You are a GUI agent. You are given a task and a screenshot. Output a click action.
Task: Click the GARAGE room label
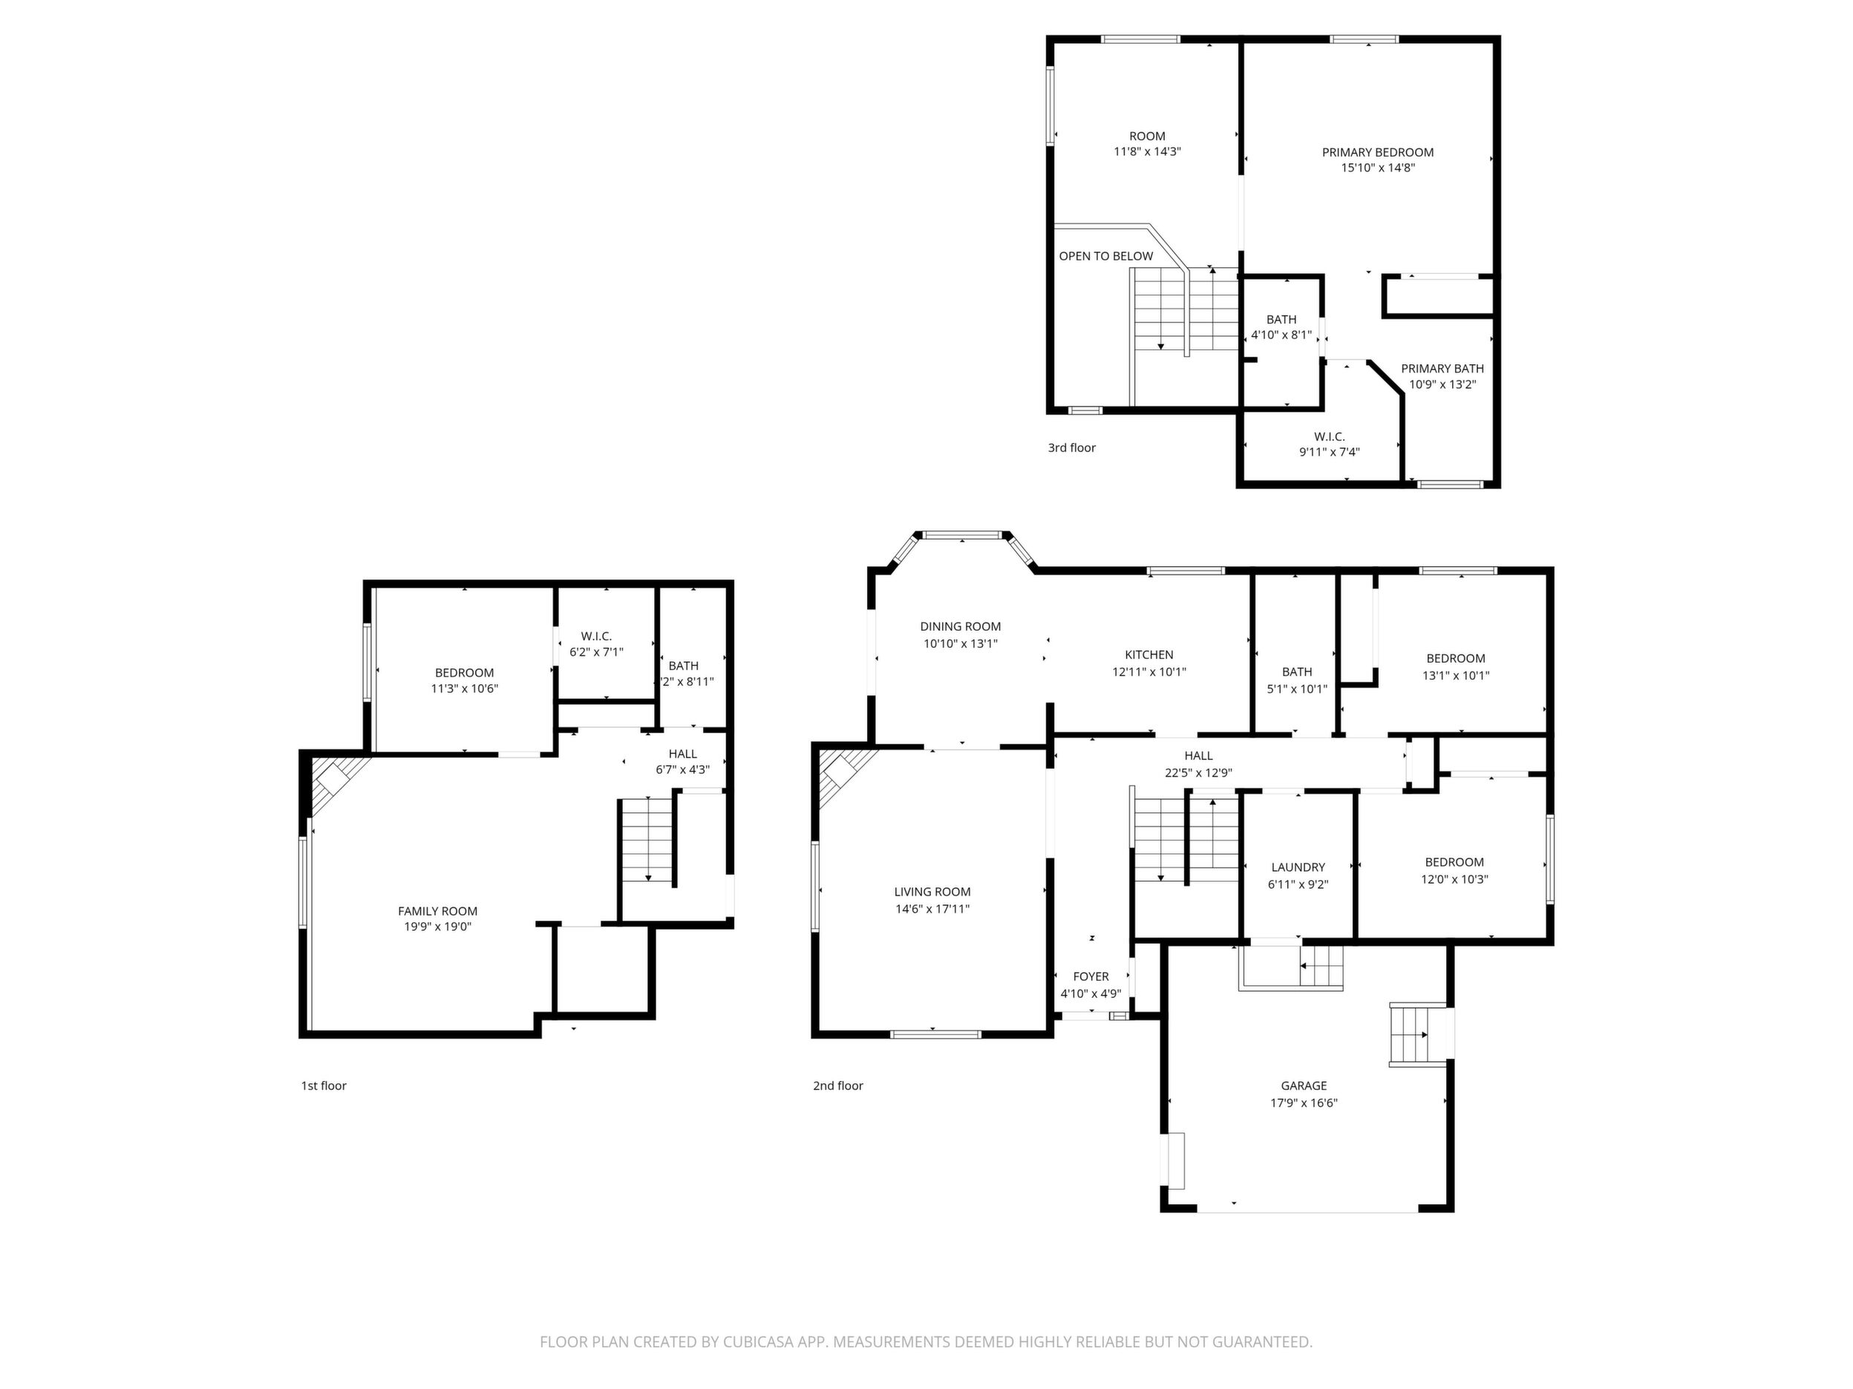point(1304,1085)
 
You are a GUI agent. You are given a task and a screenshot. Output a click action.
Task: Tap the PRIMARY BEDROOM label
point(1377,152)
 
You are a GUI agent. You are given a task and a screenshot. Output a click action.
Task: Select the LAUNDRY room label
point(1298,867)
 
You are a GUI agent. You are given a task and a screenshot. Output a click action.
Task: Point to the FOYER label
point(1091,976)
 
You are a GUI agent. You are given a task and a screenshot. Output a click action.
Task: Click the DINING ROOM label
point(960,626)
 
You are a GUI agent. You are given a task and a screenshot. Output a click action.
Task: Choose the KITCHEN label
point(1148,654)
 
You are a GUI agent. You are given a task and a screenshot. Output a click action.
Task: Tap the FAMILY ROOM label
point(437,911)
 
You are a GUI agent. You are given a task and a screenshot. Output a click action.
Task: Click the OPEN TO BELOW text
point(1105,256)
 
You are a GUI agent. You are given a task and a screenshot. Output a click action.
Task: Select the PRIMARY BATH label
point(1442,368)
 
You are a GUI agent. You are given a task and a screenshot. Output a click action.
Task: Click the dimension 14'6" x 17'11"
point(932,908)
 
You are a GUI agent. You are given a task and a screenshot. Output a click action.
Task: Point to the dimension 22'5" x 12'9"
point(1198,773)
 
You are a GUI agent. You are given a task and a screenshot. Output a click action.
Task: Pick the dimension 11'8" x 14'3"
point(1147,151)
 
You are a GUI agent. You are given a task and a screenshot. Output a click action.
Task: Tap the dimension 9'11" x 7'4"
point(1329,452)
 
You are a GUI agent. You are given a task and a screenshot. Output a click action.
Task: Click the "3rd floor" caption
point(1071,448)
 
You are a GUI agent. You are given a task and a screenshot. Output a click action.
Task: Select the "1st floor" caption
point(324,1086)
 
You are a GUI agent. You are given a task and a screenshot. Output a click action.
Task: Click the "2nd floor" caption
point(837,1086)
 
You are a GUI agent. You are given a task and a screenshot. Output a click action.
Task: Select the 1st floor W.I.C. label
point(596,637)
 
